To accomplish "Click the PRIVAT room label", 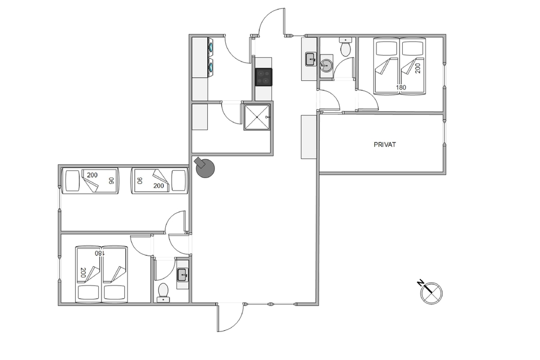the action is [384, 145].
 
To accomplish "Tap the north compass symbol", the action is [431, 293].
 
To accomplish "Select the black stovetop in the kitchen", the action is [264, 77].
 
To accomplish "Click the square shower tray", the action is [258, 117].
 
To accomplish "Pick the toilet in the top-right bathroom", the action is [346, 46].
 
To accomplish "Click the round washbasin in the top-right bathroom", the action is [326, 64].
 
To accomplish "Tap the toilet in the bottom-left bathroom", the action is [163, 293].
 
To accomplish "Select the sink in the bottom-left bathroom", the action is [183, 275].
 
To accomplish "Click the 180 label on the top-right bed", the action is [401, 87].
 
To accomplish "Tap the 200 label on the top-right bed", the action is [418, 68].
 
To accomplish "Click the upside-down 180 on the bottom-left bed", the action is [99, 253].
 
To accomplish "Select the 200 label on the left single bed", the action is [92, 175].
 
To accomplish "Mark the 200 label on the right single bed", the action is [159, 186].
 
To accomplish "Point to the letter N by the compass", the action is [421, 283].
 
